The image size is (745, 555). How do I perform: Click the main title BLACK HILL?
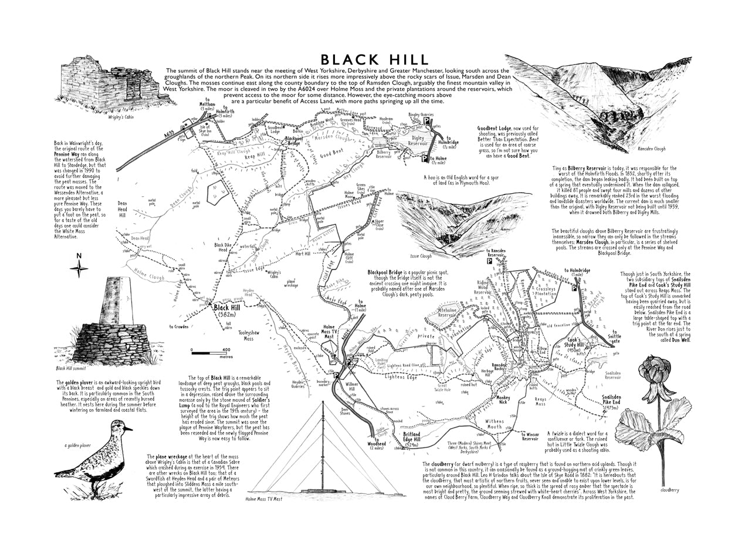(374, 59)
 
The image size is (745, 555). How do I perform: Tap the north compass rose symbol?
(79, 269)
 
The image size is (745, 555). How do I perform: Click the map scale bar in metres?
(211, 352)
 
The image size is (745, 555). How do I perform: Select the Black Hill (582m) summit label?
(226, 310)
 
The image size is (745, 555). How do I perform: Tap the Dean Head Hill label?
(122, 211)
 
